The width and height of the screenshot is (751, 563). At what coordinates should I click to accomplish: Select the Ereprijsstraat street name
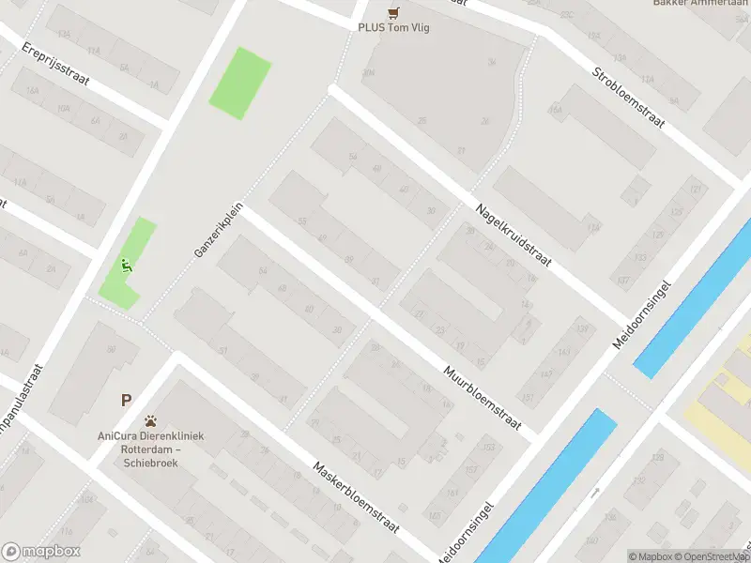56,63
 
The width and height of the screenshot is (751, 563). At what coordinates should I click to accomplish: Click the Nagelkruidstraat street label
513,235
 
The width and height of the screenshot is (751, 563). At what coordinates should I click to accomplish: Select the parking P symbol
126,400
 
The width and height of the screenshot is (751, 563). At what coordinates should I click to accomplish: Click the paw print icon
150,421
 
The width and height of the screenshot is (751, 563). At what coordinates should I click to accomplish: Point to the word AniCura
115,436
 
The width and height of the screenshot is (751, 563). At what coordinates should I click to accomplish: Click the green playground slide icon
126,266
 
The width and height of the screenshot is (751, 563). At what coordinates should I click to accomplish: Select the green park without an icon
239,83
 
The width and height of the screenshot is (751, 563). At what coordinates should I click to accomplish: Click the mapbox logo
41,552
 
